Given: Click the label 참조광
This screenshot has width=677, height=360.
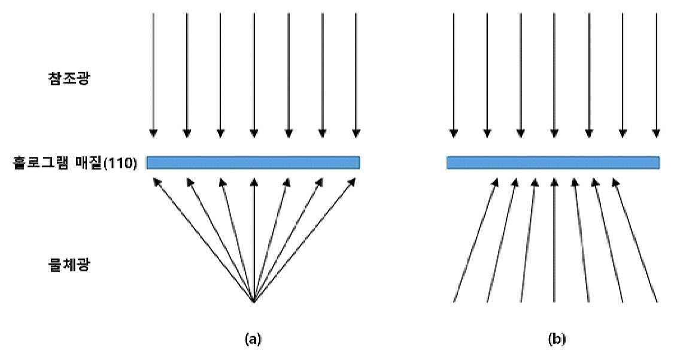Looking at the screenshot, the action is tap(69, 78).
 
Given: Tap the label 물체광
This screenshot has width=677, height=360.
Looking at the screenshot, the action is tap(69, 264).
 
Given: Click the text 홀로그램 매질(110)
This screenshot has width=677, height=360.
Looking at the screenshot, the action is tap(75, 164).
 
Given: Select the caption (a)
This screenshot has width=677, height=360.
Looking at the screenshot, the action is tap(253, 339).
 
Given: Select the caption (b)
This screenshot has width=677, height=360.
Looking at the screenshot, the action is tap(556, 339).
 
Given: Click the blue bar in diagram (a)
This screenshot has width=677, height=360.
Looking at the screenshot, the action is tap(253, 162).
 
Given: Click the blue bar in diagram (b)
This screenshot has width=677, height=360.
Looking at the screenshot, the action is tap(553, 162).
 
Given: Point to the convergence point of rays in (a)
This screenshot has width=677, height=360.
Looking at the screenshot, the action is tap(253, 302).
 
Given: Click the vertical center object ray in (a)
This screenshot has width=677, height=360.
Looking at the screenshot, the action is tap(254, 240).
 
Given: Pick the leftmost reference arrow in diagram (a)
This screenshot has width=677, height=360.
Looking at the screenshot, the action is tap(153, 75).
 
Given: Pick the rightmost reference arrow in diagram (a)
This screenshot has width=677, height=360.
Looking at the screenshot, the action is tap(356, 75).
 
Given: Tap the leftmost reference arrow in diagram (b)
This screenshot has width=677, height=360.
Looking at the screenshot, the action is tap(453, 75).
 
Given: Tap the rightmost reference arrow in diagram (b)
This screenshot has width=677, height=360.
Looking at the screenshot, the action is tap(656, 75).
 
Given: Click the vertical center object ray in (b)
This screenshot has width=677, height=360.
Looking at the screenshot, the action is tap(554, 240).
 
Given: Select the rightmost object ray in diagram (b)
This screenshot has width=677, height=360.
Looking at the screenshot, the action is tap(635, 240).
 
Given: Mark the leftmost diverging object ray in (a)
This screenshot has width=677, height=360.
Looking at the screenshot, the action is tap(204, 240).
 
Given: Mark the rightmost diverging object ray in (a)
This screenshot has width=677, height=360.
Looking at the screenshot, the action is tap(304, 240).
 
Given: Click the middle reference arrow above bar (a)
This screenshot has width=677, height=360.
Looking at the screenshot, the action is tap(254, 75).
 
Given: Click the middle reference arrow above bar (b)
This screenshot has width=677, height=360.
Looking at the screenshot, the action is tap(554, 75).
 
